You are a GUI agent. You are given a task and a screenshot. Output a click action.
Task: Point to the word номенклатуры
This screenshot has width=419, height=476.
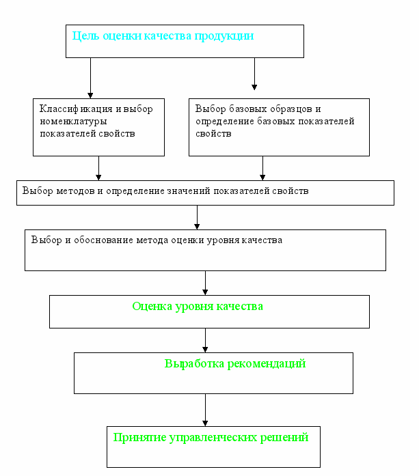[74, 122]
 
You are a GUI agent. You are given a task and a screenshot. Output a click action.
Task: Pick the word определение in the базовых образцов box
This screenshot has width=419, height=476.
[225, 122]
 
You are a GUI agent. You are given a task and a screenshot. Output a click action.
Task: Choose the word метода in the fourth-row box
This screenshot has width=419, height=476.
[152, 240]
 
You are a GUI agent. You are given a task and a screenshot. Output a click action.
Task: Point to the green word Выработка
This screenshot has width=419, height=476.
[194, 364]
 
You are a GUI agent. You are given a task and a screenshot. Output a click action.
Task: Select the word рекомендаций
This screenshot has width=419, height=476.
[267, 364]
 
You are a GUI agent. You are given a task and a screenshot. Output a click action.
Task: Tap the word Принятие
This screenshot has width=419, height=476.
[139, 438]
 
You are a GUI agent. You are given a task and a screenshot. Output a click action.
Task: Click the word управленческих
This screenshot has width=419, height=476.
[213, 438]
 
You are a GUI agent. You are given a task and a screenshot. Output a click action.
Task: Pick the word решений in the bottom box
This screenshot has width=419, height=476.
[284, 438]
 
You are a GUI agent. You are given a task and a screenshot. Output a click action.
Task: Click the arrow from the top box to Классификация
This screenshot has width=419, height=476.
[90, 78]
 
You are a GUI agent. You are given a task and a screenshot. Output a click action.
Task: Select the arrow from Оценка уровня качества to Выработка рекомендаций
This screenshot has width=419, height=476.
[205, 340]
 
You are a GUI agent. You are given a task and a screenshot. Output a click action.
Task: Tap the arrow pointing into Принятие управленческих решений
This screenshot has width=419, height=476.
[205, 410]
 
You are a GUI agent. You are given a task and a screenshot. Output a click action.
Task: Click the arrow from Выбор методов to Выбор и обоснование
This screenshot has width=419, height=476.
[197, 217]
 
